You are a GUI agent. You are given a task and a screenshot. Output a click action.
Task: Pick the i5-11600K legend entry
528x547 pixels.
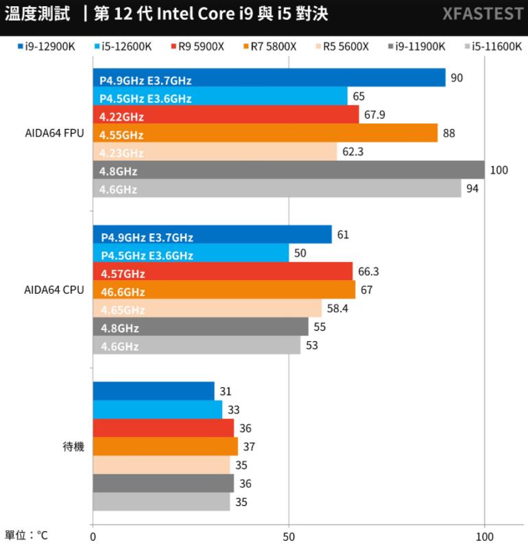pyautogui.click(x=492, y=47)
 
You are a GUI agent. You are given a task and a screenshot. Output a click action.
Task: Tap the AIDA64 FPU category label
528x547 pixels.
pyautogui.click(x=54, y=133)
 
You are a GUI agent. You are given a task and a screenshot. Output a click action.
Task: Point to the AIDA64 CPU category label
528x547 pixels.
pyautogui.click(x=54, y=290)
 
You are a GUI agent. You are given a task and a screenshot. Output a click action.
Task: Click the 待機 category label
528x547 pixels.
pyautogui.click(x=73, y=447)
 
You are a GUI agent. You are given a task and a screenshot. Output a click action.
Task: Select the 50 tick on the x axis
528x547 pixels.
pyautogui.click(x=289, y=535)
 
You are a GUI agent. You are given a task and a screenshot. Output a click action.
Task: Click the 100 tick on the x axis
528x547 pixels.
pyautogui.click(x=485, y=535)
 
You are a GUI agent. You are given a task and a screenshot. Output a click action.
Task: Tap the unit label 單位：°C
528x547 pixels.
pyautogui.click(x=26, y=535)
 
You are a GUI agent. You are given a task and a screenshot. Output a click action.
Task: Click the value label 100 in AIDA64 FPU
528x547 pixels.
pyautogui.click(x=499, y=170)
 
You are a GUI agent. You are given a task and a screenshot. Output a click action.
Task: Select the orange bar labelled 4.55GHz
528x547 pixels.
pyautogui.click(x=265, y=133)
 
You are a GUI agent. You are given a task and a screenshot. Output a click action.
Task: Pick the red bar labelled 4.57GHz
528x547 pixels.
pyautogui.click(x=222, y=272)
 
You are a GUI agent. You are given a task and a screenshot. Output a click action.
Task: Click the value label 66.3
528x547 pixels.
pyautogui.click(x=368, y=272)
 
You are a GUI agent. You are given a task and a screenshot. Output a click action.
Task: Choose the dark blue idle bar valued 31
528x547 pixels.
pyautogui.click(x=153, y=391)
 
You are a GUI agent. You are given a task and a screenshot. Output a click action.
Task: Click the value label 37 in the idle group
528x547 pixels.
pyautogui.click(x=249, y=447)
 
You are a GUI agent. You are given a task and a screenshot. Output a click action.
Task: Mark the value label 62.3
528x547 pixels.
pyautogui.click(x=352, y=151)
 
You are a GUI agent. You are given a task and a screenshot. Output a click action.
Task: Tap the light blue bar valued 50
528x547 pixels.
pyautogui.click(x=191, y=253)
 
